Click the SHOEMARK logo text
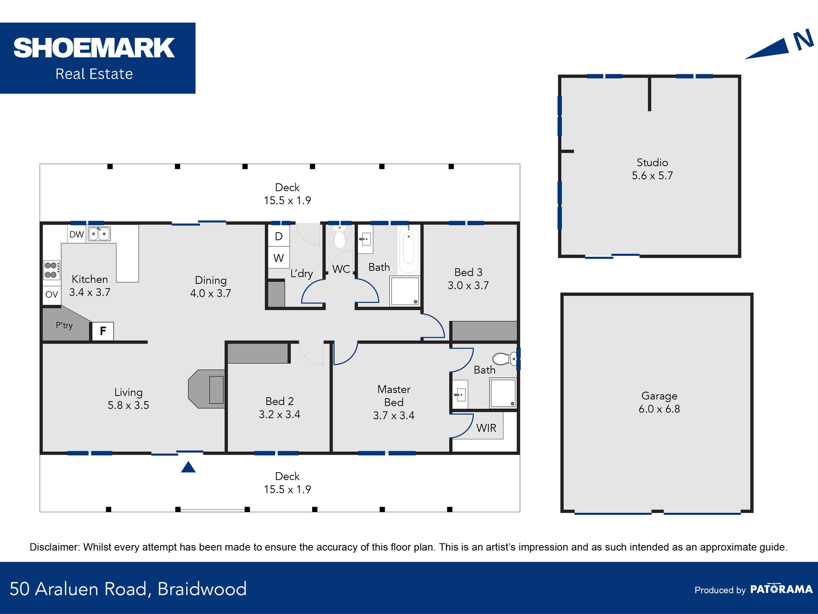pyautogui.click(x=94, y=48)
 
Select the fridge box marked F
pyautogui.click(x=102, y=331)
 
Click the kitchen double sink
pyautogui.click(x=99, y=234)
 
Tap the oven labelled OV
pyautogui.click(x=52, y=295)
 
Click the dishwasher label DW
pyautogui.click(x=77, y=234)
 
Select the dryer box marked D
pyautogui.click(x=279, y=236)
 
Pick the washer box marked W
pyautogui.click(x=279, y=258)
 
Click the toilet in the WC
pyautogui.click(x=340, y=237)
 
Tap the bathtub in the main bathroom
pyautogui.click(x=409, y=249)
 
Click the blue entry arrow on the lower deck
pyautogui.click(x=188, y=467)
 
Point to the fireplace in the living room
pyautogui.click(x=207, y=389)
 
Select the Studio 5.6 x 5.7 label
pyautogui.click(x=652, y=169)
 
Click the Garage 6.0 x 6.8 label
pyautogui.click(x=659, y=402)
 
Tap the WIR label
pyautogui.click(x=486, y=428)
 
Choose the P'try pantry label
pyautogui.click(x=64, y=325)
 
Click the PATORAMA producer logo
pyautogui.click(x=781, y=589)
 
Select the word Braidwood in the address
pyautogui.click(x=202, y=589)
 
